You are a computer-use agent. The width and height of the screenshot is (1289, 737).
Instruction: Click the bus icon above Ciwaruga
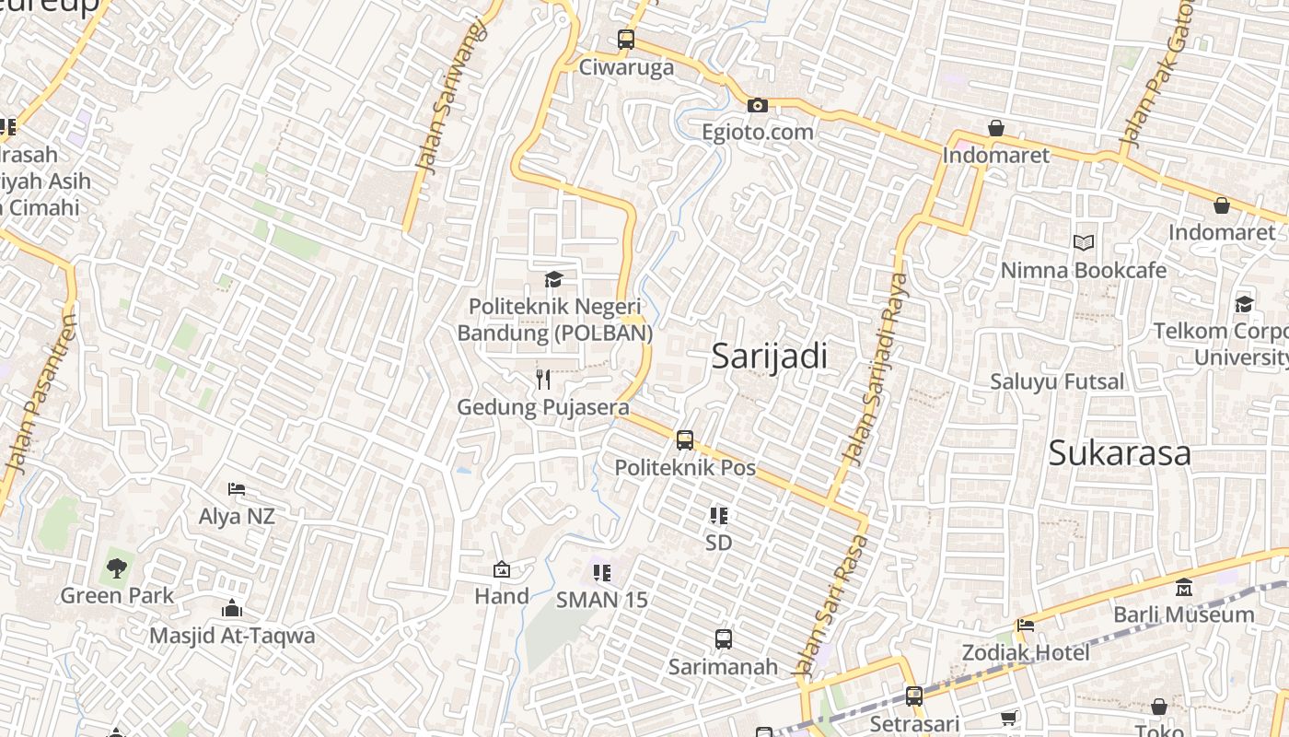pyautogui.click(x=626, y=40)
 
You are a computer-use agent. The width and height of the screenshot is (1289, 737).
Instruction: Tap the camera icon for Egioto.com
pyautogui.click(x=758, y=106)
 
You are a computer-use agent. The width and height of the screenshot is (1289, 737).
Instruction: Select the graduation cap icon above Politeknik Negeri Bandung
pyautogui.click(x=553, y=279)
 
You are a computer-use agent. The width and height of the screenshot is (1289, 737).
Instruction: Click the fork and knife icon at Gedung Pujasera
pyautogui.click(x=543, y=380)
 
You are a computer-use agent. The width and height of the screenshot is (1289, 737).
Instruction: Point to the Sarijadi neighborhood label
pyautogui.click(x=770, y=357)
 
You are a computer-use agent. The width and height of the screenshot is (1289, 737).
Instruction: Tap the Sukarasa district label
pyautogui.click(x=1120, y=453)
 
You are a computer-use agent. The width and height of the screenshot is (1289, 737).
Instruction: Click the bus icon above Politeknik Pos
pyautogui.click(x=685, y=440)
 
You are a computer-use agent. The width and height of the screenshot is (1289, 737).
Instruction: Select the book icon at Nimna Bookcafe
pyautogui.click(x=1084, y=243)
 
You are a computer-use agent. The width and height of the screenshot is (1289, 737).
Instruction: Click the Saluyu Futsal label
pyautogui.click(x=1057, y=381)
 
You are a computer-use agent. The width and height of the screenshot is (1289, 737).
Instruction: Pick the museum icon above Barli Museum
pyautogui.click(x=1184, y=587)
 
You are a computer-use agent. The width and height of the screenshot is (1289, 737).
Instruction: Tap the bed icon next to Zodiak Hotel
pyautogui.click(x=1026, y=626)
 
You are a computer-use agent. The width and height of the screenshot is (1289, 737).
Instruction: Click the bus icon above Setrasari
pyautogui.click(x=914, y=696)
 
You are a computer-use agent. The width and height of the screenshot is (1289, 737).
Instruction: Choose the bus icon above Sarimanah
pyautogui.click(x=724, y=638)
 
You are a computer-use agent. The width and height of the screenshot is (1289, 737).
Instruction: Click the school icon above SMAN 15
pyautogui.click(x=602, y=573)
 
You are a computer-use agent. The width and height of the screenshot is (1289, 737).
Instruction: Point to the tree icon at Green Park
pyautogui.click(x=116, y=568)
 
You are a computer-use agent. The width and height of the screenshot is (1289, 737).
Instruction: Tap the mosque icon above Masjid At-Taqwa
pyautogui.click(x=232, y=608)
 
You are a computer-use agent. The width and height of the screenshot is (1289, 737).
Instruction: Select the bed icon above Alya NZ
pyautogui.click(x=237, y=489)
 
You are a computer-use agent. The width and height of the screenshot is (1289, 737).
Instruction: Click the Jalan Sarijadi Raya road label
pyautogui.click(x=874, y=368)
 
